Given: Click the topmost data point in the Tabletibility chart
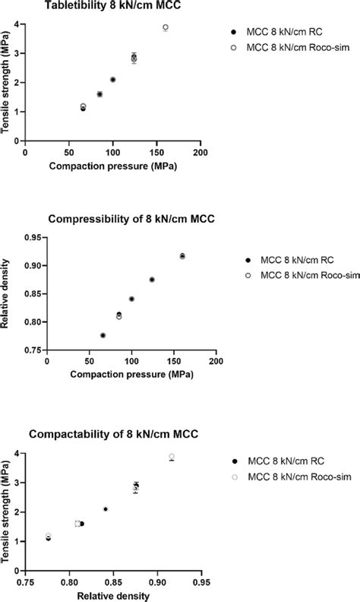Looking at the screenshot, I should (166, 27).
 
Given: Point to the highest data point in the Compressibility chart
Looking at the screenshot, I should (182, 256).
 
